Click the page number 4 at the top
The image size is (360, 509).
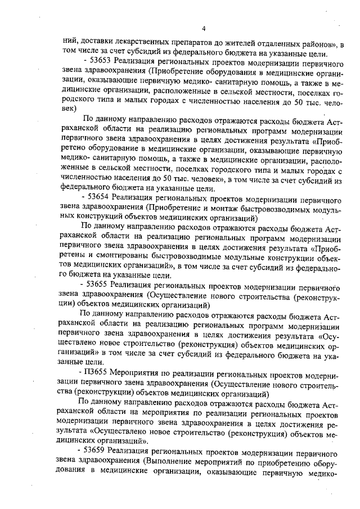pos(205,29)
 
